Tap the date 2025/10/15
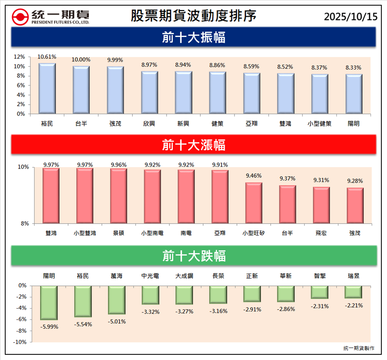coord(351,16)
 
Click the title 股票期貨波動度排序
coord(193,16)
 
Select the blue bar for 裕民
coord(47,88)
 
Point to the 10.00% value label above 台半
coord(81,60)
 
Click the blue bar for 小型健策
coord(320,94)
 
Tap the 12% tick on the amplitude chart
coord(19,57)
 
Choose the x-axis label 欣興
coord(149,124)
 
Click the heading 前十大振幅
coord(193,38)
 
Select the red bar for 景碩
coord(118,196)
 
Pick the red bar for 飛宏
coord(321,205)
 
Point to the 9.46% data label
coord(253,176)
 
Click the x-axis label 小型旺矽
coord(253,233)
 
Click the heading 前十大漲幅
coord(193,145)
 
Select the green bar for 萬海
coord(117,300)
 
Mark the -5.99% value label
coord(49,327)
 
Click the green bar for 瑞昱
coord(354,292)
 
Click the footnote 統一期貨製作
coord(359,348)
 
